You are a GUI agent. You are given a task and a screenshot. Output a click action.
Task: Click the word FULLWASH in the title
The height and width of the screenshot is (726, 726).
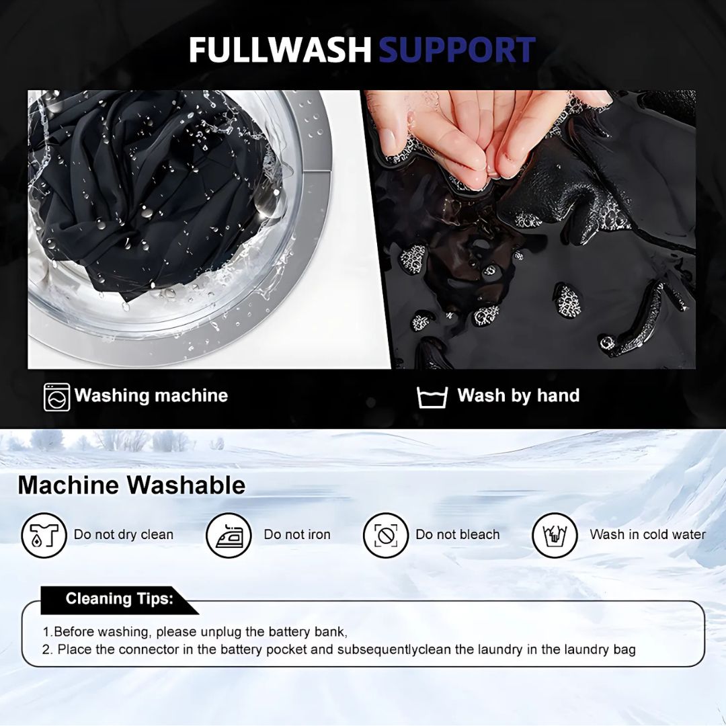[280, 50]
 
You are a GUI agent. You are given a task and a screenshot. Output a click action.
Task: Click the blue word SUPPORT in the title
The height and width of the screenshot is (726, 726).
[457, 50]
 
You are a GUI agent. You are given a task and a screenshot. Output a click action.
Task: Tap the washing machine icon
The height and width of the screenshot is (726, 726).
[57, 397]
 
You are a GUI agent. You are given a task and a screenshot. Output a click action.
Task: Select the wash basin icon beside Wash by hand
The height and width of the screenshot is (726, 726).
[432, 397]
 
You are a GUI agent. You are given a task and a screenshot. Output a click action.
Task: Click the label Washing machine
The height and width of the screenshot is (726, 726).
[151, 395]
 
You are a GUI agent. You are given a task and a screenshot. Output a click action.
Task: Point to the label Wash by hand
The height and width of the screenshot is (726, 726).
[518, 395]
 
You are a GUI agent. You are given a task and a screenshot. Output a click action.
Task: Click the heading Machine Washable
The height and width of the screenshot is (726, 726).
[132, 485]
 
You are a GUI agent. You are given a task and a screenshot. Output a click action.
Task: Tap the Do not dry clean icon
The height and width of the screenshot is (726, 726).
[44, 535]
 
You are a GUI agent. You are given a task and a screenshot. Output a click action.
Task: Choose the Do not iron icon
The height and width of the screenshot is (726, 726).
[229, 535]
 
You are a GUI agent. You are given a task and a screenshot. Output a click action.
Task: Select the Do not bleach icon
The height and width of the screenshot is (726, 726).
[386, 535]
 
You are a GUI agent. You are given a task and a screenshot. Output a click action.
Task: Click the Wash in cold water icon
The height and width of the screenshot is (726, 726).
[555, 535]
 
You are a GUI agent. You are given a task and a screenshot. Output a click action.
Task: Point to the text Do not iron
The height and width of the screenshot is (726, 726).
[297, 534]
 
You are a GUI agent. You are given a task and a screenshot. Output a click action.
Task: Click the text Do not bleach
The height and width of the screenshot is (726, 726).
[458, 534]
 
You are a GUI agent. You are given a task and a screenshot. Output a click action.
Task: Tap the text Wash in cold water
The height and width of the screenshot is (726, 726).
[648, 534]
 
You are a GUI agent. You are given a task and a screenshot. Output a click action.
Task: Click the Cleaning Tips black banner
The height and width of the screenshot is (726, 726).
[120, 600]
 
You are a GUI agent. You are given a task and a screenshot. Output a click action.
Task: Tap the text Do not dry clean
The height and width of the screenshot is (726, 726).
[124, 534]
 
